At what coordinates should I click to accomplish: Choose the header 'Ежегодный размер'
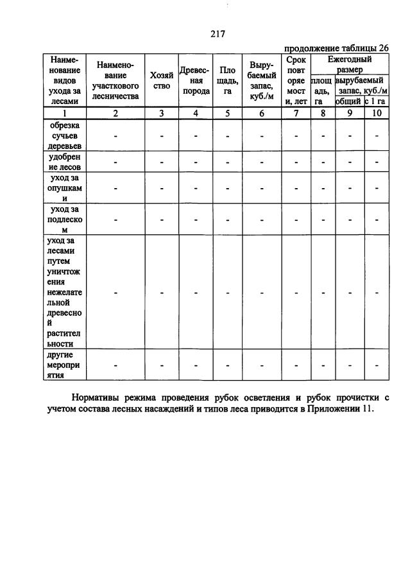point(349,64)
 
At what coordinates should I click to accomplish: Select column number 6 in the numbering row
point(261,114)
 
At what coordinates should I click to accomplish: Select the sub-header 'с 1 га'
point(376,101)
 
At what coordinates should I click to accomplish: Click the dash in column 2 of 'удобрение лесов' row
point(115,162)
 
